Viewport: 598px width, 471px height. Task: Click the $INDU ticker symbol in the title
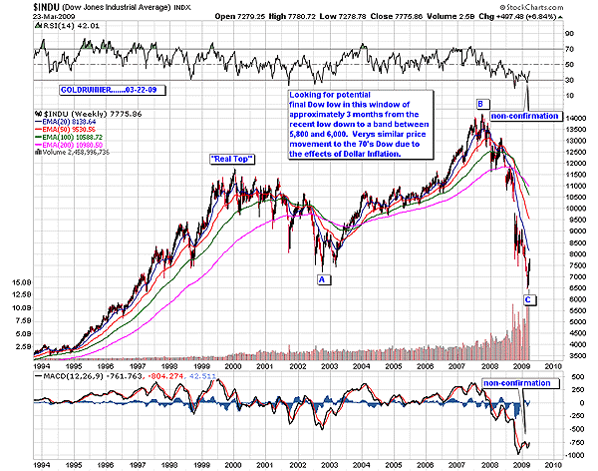coord(20,7)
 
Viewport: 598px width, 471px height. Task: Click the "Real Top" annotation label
coord(228,160)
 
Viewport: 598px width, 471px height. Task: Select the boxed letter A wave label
coord(323,279)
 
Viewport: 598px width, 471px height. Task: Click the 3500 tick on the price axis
coord(574,354)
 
